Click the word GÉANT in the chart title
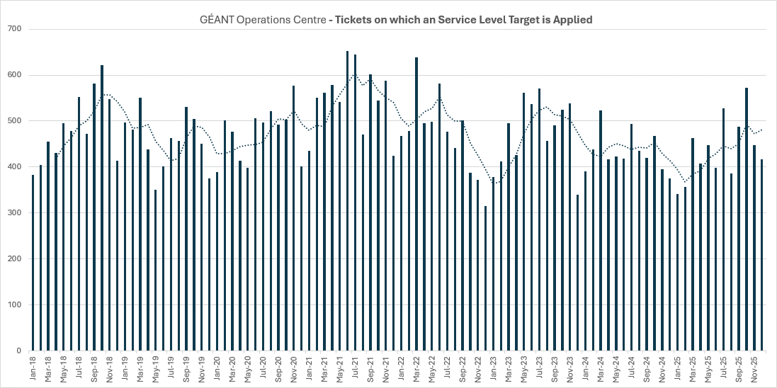tap(216, 20)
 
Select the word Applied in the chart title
tap(573, 20)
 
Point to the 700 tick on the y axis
tap(15, 29)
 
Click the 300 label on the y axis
tap(15, 213)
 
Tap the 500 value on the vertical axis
tap(15, 121)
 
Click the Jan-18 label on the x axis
tap(33, 369)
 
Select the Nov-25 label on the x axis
tap(754, 369)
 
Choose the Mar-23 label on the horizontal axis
tap(508, 369)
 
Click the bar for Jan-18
tap(33, 263)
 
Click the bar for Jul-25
tap(723, 229)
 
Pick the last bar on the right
tap(761, 255)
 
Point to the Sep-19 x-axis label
tap(186, 369)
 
